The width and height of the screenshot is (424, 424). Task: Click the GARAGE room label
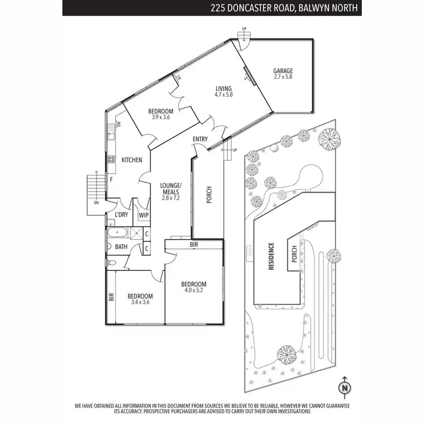coord(283,71)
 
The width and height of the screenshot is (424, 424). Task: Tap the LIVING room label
coord(224,88)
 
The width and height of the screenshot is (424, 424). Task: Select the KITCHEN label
coord(132,160)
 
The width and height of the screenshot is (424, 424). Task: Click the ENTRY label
coord(200,140)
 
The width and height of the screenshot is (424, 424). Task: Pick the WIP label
coord(144,215)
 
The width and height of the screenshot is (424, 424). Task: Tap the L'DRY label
coord(121,215)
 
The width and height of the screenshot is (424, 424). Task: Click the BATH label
coord(121,246)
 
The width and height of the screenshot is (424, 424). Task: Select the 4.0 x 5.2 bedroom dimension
coord(193,291)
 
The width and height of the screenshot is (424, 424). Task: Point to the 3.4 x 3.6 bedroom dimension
coord(140,302)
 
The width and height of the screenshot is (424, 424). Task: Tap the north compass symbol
coord(344,387)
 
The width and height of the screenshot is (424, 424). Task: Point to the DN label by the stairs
coord(96,202)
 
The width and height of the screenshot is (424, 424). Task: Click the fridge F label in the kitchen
coord(111,179)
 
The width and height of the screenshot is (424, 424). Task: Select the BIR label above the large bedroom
coord(194,245)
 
